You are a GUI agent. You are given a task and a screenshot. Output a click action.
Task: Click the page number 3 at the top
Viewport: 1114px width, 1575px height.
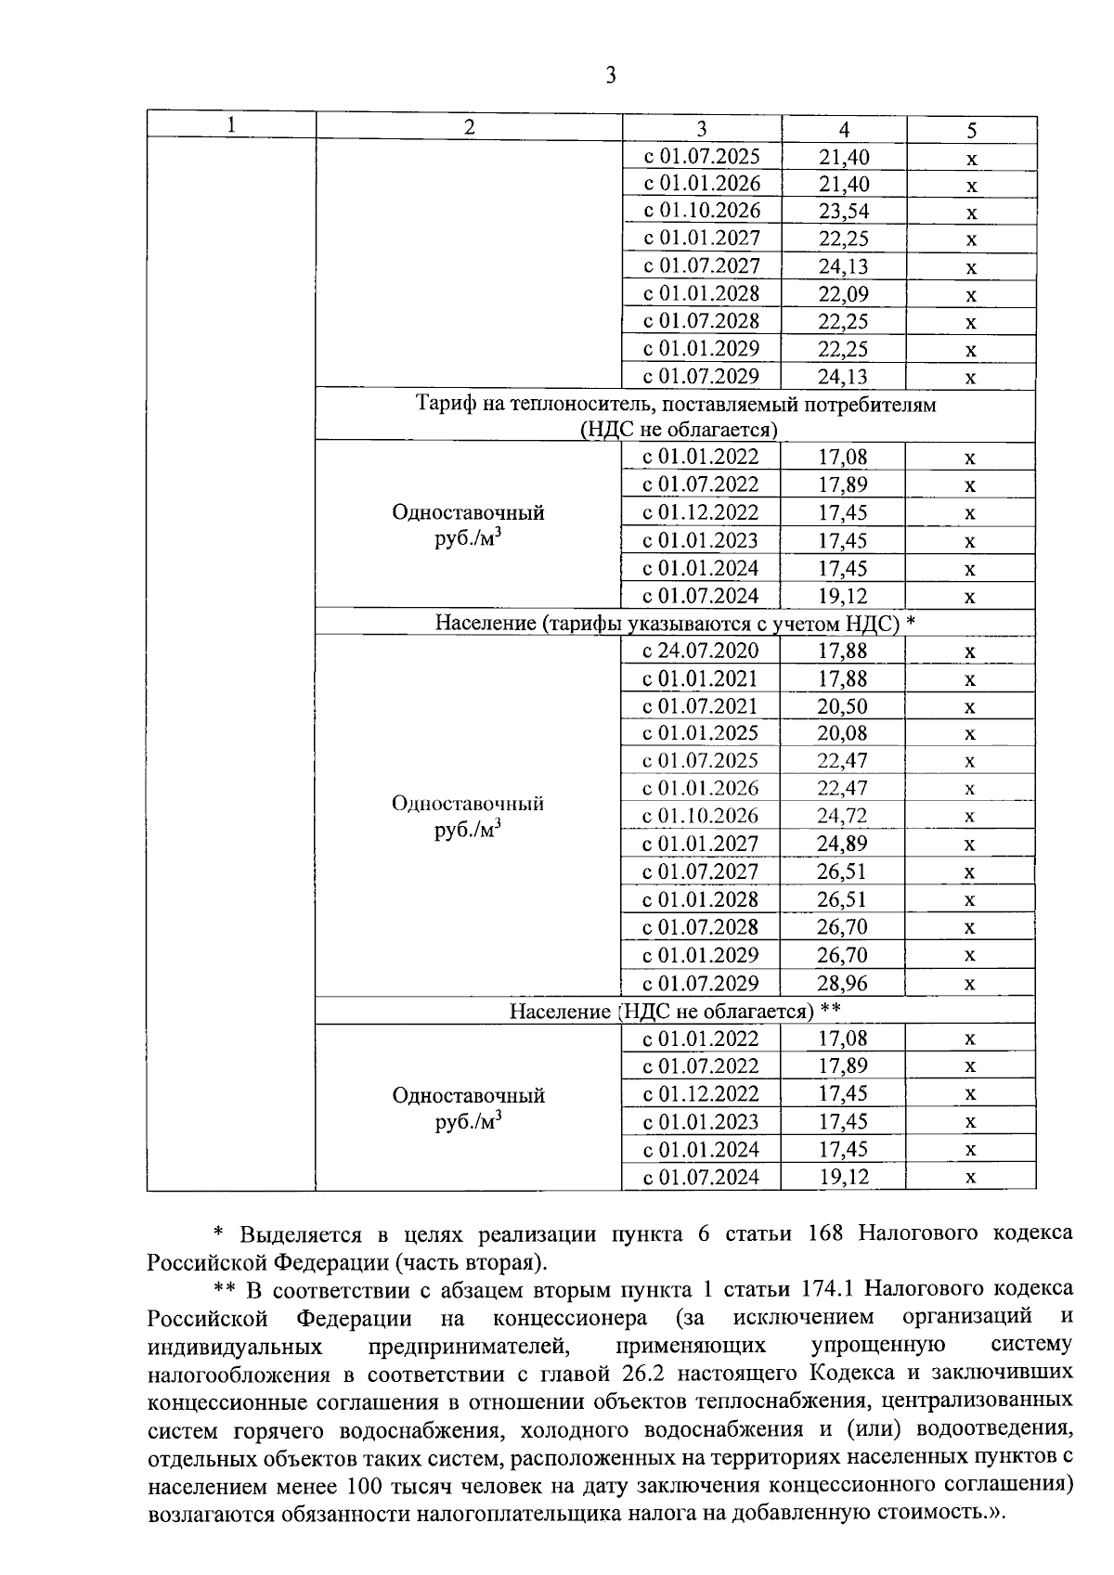click(610, 76)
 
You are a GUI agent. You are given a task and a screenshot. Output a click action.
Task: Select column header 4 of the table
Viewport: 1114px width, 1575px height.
click(844, 130)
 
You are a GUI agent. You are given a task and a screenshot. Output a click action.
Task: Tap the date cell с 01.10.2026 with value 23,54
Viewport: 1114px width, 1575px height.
click(702, 211)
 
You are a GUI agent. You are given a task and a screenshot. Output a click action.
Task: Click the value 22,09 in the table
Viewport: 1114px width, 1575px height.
click(843, 294)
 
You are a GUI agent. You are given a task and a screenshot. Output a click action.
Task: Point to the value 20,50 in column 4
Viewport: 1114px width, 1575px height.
click(842, 706)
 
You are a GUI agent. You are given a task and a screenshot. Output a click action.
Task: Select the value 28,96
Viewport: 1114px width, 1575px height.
click(842, 984)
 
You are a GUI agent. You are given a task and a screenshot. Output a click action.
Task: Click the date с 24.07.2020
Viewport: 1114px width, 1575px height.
click(701, 651)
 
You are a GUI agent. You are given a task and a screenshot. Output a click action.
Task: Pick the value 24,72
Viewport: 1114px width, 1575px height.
click(842, 817)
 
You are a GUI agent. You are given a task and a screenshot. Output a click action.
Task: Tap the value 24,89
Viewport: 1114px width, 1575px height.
click(842, 845)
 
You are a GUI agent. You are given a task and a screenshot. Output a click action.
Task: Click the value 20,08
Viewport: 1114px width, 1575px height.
click(842, 734)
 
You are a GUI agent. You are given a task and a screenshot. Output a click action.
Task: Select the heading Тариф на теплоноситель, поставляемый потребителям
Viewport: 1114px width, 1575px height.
click(675, 405)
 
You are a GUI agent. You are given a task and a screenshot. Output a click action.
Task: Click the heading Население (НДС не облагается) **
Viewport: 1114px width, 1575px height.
click(675, 1011)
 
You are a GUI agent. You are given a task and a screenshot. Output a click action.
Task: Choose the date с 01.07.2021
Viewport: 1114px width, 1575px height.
click(701, 706)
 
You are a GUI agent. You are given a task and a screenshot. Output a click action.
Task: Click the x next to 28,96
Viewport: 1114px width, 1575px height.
click(969, 984)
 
